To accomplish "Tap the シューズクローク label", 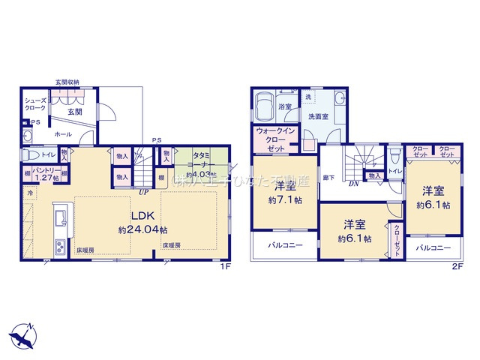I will point(35,103).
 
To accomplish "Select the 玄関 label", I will point(75,112).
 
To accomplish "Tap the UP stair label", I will point(143,192).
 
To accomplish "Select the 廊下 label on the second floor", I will point(328,178).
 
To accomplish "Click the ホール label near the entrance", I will point(63,133).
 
